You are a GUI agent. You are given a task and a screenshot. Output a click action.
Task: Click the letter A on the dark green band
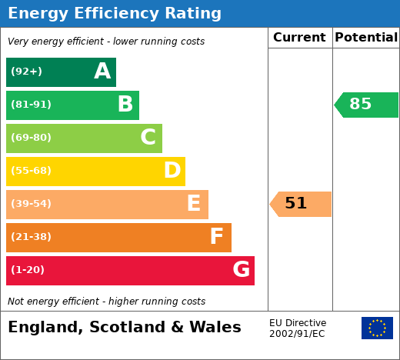coord(102,71)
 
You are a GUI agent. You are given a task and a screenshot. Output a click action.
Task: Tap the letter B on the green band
coord(125,104)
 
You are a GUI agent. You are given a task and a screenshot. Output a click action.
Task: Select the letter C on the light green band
coord(148,137)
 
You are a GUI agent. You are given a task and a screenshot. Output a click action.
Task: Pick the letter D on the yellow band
coord(172,170)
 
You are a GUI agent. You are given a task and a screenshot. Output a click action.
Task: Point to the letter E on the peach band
coord(194,203)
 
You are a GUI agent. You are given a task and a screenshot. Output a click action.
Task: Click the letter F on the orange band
coord(217,236)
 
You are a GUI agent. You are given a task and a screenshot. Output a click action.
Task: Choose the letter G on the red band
coord(242,269)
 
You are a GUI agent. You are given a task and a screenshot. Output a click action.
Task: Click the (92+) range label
coord(26,72)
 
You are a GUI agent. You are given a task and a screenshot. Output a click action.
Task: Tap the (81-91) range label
coord(31,105)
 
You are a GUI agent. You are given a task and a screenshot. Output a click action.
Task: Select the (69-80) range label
coord(31,138)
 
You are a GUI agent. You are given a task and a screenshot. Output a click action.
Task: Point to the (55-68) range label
coord(31,171)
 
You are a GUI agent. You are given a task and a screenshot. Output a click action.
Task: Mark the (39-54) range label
coord(31,204)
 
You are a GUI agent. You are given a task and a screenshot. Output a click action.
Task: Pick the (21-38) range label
coord(31,237)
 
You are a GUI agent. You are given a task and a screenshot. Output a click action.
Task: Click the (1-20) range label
coord(28,270)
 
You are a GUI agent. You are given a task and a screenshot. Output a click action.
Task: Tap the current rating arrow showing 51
coord(300,204)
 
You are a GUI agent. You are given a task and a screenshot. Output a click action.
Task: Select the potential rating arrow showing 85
coord(366,105)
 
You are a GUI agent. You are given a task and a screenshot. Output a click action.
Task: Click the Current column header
coord(299,38)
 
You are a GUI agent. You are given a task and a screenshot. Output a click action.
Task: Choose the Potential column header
coord(366,38)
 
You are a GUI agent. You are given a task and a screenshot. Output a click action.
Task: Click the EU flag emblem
coord(377,328)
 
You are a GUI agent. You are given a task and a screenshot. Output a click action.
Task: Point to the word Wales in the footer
coord(215,327)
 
